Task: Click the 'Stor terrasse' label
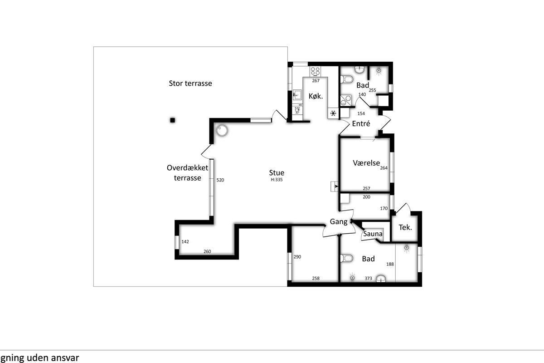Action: point(190,83)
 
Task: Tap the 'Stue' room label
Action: point(277,172)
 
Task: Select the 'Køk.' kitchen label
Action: point(316,96)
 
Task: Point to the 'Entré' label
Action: point(361,123)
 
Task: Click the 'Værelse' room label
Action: point(366,163)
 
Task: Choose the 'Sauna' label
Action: point(373,234)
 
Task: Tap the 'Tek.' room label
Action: point(405,227)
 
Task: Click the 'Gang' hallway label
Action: point(339,222)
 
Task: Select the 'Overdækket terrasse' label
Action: point(187,172)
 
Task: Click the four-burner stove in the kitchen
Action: point(315,71)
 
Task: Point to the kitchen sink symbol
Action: point(297,95)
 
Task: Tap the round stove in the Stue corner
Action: point(222,131)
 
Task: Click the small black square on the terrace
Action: point(172,120)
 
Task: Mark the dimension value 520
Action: point(220,180)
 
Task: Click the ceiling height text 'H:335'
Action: point(277,180)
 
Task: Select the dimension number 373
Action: point(368,279)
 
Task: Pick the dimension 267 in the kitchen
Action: point(316,81)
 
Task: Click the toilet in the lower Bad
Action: point(346,258)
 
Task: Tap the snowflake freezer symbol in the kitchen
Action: point(333,113)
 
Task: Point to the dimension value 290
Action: point(297,257)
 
